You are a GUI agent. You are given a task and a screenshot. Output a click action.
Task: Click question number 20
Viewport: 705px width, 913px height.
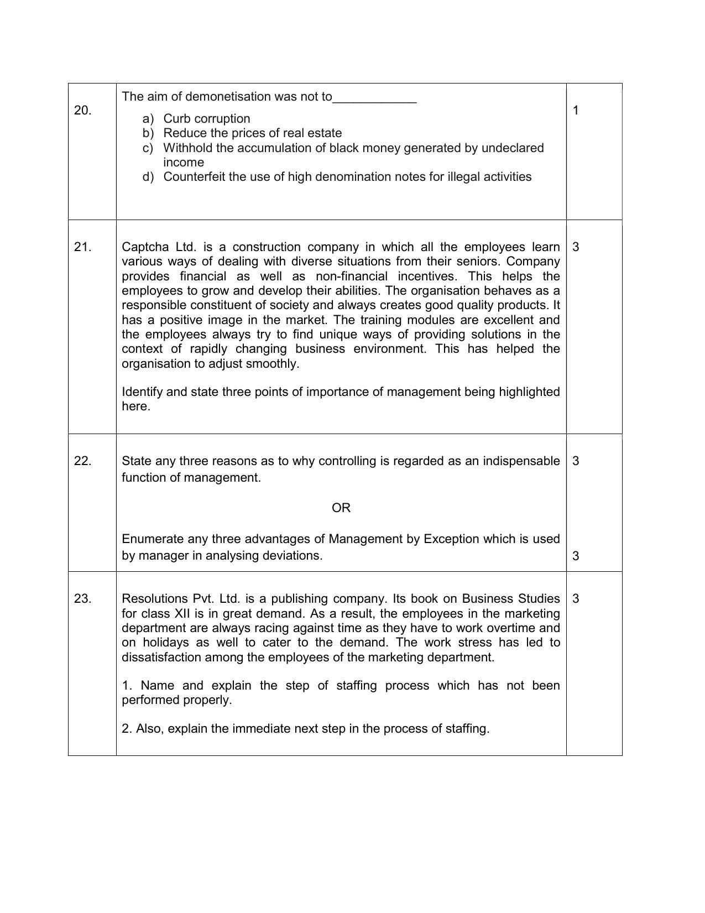tap(82, 111)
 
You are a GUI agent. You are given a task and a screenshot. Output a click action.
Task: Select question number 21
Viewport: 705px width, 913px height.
tap(82, 247)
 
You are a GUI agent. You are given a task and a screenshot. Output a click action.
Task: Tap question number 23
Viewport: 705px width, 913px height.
tap(82, 599)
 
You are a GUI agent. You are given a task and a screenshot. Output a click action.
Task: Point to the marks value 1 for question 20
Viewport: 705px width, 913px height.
tap(576, 111)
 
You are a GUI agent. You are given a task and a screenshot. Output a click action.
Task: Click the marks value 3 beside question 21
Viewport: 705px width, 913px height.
tap(576, 247)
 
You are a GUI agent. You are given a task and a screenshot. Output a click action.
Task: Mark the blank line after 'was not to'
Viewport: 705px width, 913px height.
tap(374, 98)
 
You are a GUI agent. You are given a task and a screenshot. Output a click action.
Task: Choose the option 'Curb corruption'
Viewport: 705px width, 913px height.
tap(206, 119)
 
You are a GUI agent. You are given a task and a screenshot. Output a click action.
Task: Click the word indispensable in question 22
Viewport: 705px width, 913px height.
tap(520, 461)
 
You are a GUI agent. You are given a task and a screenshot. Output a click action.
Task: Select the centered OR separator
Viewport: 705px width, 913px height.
tap(341, 508)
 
